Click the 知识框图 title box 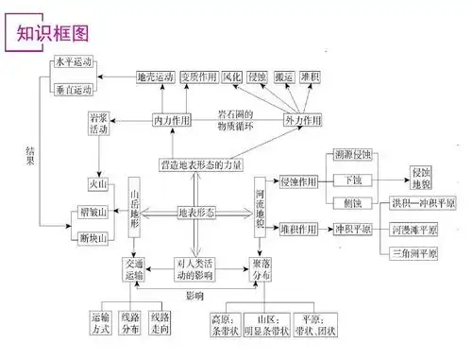48,33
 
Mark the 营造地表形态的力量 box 201,165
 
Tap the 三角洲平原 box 417,254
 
